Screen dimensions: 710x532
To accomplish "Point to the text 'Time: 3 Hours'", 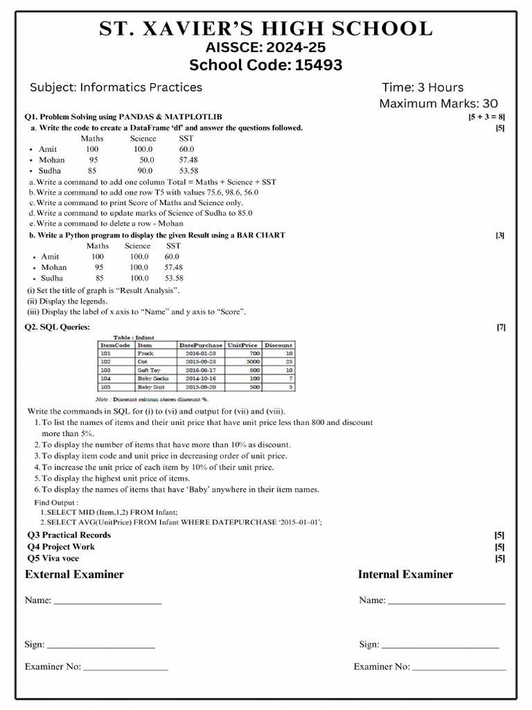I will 423,87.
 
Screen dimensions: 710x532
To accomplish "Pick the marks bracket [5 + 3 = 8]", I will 486,116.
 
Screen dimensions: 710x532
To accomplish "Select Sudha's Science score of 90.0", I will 145,171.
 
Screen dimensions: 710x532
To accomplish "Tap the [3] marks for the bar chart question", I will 499,235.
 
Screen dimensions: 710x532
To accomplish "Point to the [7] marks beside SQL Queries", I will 500,327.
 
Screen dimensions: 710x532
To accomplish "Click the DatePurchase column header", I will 201,345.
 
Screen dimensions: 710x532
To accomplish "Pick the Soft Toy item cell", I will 148,370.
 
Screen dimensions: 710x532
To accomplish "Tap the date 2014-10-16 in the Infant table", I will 201,379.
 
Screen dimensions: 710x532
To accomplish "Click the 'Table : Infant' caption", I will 134,337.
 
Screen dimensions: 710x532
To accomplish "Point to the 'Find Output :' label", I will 56,502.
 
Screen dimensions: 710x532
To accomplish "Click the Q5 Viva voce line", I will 53,558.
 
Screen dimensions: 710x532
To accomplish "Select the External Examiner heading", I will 74,574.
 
